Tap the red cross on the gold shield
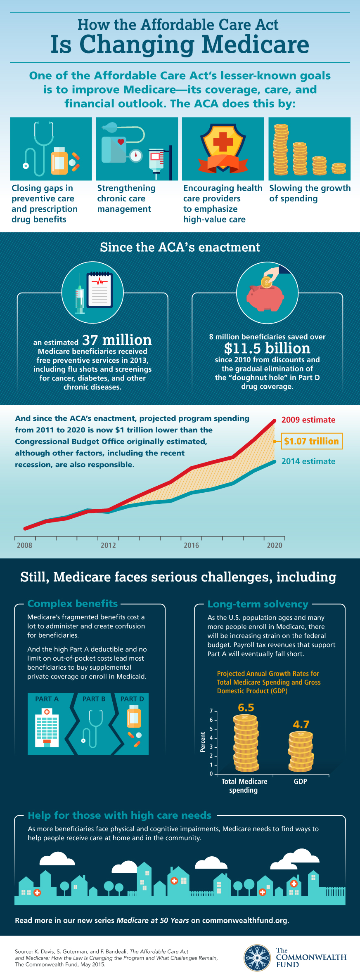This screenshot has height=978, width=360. click(223, 142)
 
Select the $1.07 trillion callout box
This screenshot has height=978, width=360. click(311, 441)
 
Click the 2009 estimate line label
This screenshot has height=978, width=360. click(308, 420)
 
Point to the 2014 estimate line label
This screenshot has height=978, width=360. click(308, 461)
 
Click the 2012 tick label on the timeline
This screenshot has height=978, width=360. click(108, 545)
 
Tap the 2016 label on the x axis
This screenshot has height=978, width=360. click(191, 545)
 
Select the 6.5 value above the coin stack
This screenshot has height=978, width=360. click(246, 707)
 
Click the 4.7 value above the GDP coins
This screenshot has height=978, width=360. click(301, 724)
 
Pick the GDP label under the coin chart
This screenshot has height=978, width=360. click(300, 782)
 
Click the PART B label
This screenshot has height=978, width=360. click(94, 699)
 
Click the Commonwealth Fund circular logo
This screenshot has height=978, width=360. click(257, 958)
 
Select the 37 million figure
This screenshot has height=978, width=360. click(117, 340)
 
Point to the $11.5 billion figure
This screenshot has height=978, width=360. click(267, 348)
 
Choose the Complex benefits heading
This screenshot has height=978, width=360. click(73, 603)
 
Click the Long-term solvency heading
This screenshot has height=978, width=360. click(258, 604)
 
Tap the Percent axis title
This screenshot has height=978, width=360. click(203, 742)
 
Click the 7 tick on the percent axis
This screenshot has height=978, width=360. click(211, 711)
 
